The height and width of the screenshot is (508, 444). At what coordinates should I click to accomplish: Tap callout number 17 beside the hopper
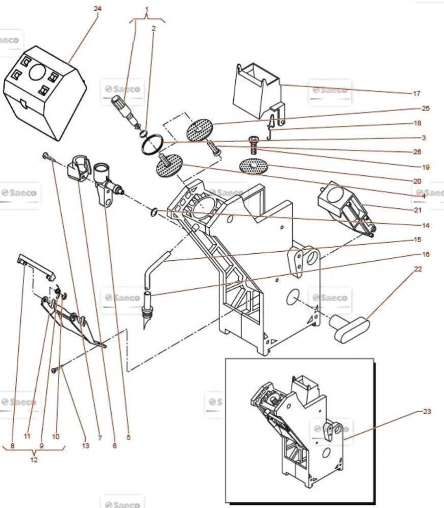tap(416, 94)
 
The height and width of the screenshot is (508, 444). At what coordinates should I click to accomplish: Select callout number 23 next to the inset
tap(427, 411)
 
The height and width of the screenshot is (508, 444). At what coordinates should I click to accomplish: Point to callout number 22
tap(418, 269)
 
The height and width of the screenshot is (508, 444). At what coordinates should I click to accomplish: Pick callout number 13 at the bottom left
tap(85, 446)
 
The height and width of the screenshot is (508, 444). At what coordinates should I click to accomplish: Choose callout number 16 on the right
tap(426, 254)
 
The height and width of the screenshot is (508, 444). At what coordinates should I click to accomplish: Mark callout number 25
tap(426, 109)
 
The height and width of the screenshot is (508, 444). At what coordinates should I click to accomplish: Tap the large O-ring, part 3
tap(152, 144)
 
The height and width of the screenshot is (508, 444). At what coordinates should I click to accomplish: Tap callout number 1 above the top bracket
tap(147, 10)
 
